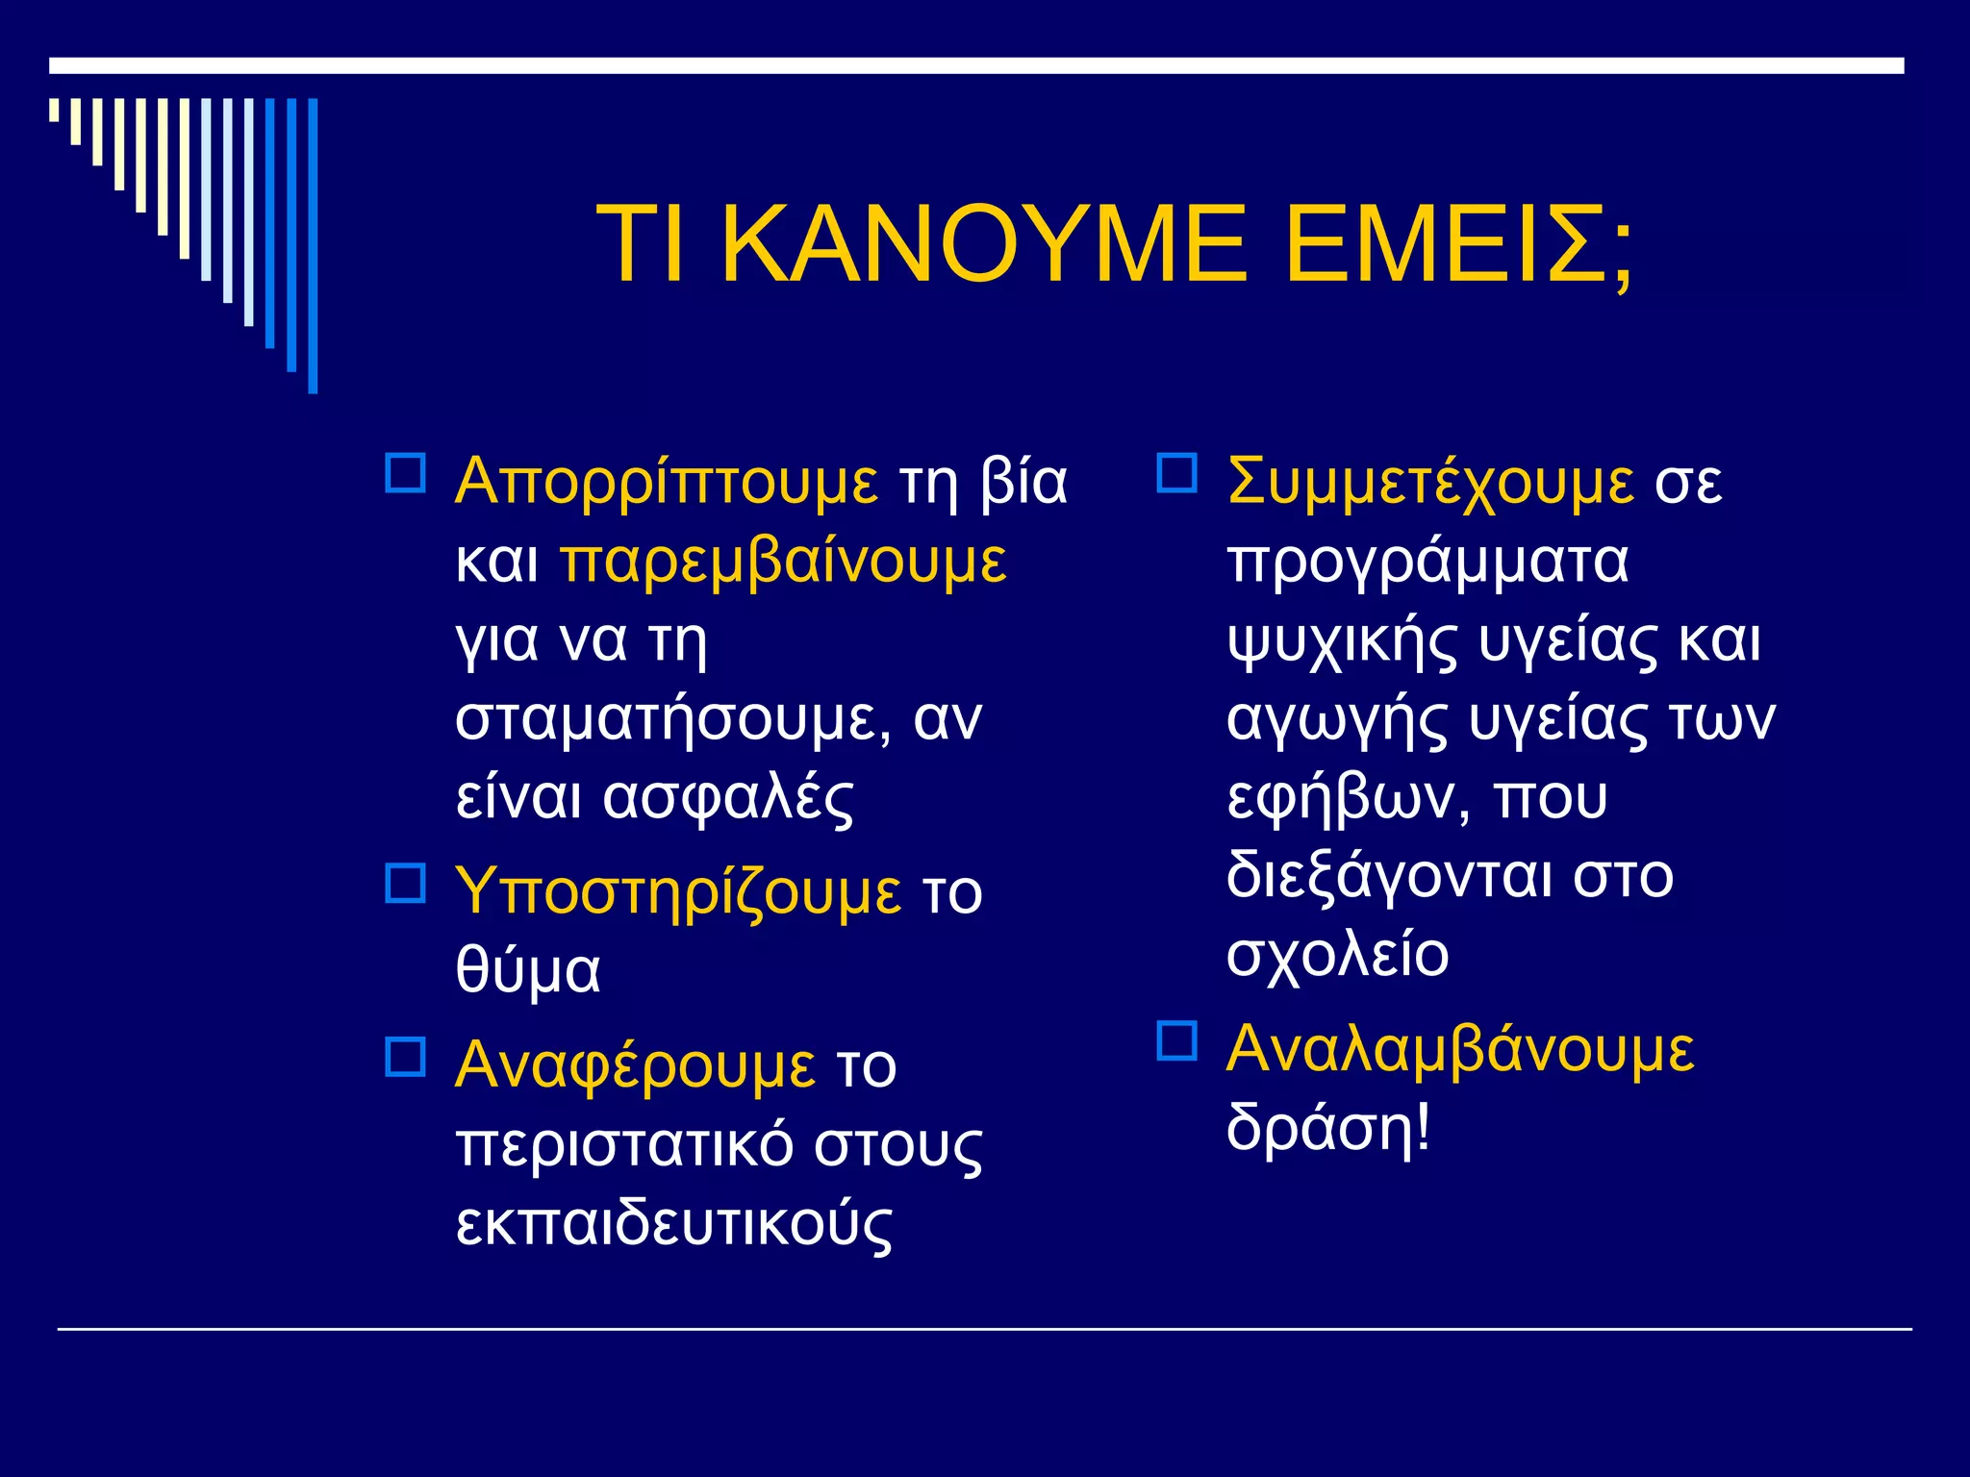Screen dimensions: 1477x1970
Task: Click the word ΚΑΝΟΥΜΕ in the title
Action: [983, 244]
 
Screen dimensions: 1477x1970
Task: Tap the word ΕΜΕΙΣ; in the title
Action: [1458, 244]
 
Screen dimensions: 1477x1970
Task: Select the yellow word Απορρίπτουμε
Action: [666, 481]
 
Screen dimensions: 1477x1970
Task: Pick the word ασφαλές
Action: [727, 798]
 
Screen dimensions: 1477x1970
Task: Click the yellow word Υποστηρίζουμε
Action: [678, 890]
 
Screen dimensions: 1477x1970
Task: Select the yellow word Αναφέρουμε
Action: [635, 1065]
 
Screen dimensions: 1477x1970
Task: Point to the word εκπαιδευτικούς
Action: [673, 1223]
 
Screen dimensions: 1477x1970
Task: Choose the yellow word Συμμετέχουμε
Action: [1429, 481]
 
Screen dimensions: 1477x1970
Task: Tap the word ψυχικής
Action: [1342, 640]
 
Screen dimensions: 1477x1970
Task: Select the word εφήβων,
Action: [1349, 798]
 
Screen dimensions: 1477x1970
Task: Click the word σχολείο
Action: [1337, 954]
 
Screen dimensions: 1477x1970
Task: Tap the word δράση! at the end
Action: [1328, 1127]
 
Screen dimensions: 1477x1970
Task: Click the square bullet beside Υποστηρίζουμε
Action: [405, 883]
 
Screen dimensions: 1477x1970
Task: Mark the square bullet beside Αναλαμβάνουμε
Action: [1176, 1040]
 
